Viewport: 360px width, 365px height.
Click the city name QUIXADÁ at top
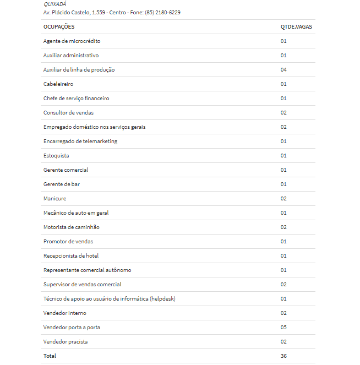pos(54,4)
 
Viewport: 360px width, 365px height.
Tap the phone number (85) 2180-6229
pos(162,12)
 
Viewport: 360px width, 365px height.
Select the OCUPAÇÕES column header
pos(59,27)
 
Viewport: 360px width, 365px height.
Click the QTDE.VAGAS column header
pos(297,27)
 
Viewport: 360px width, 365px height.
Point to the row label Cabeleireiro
pos(58,84)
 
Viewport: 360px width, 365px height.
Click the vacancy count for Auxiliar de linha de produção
pos(283,70)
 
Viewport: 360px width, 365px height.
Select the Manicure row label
pos(54,199)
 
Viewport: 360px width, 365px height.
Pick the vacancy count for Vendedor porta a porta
pos(283,328)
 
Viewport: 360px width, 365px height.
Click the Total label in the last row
pos(50,356)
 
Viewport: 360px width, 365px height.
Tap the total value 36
pos(283,356)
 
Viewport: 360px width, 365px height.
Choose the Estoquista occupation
pos(56,156)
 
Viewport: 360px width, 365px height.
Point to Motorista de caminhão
pos(72,227)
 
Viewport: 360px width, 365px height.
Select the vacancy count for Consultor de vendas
pos(283,113)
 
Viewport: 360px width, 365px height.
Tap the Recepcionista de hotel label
pos(71,256)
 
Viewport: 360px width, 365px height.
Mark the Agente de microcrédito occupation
pos(72,41)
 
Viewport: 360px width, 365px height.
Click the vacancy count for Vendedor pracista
pos(283,342)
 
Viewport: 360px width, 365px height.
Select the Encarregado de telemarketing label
pos(80,141)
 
